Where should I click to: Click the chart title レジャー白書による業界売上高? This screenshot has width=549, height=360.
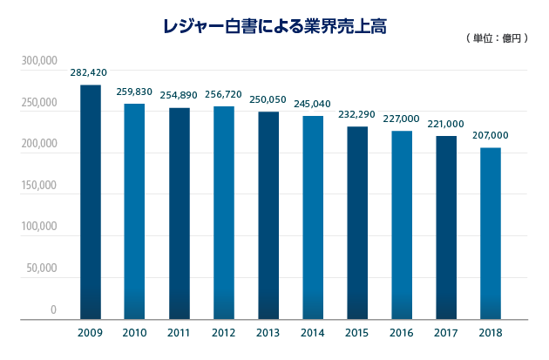coord(274,26)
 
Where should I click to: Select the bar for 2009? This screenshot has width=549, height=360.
coord(90,202)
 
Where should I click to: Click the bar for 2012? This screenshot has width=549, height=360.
coord(224,213)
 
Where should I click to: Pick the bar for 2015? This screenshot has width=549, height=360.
coord(357,223)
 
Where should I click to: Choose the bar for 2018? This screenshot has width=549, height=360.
coord(491,234)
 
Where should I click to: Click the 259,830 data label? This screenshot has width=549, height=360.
coord(134,92)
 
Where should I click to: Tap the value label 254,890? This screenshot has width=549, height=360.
coord(180,96)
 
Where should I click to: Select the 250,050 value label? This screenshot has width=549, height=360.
coord(268,100)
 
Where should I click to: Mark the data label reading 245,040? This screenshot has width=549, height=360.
coord(313,105)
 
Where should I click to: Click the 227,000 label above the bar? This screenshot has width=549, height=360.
coord(402,119)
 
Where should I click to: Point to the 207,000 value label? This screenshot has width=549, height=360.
coord(491,136)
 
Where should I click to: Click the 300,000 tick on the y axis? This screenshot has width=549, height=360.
coord(39,62)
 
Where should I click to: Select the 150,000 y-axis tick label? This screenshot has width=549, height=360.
coord(39,186)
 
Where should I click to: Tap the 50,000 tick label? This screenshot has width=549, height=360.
coord(42,268)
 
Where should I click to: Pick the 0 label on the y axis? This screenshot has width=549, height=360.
coord(53,309)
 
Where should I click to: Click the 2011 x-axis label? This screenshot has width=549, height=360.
coord(180,333)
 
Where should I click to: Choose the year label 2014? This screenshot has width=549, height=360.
coord(313,333)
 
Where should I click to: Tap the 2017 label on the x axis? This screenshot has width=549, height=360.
coord(446,333)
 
